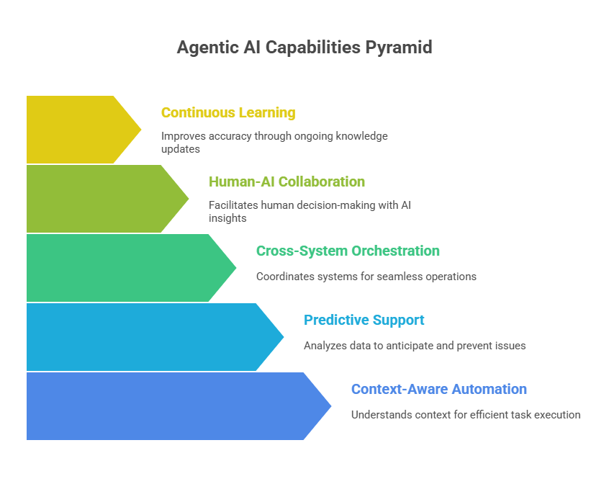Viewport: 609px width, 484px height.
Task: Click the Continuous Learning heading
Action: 227,113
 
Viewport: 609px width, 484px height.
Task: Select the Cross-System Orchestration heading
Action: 348,251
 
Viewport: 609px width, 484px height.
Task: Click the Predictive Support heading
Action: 364,321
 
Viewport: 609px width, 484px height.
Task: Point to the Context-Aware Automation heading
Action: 438,390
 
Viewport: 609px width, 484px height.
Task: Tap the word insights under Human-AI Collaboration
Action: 227,218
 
